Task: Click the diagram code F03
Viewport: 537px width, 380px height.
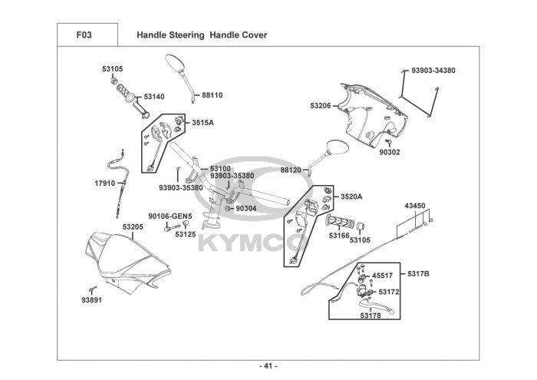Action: (84, 35)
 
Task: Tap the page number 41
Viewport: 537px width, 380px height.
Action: (268, 366)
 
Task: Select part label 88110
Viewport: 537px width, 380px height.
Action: (212, 95)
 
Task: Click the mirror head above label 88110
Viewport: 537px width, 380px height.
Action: (176, 63)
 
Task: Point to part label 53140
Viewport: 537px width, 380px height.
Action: (154, 97)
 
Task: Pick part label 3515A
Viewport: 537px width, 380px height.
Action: (203, 123)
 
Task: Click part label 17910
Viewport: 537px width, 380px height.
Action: (105, 183)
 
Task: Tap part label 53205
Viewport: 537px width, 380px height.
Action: (133, 227)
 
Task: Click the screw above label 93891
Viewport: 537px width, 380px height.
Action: (93, 290)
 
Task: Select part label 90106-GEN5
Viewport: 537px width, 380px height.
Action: (170, 216)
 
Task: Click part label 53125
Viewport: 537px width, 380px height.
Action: (186, 235)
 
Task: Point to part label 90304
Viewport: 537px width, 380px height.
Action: (246, 209)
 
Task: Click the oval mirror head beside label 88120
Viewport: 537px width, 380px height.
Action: (338, 147)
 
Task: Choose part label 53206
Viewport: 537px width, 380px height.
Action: (321, 106)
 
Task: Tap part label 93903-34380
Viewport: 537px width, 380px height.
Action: (433, 71)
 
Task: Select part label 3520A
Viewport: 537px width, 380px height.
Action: (351, 197)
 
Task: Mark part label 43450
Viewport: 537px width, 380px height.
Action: (415, 206)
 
